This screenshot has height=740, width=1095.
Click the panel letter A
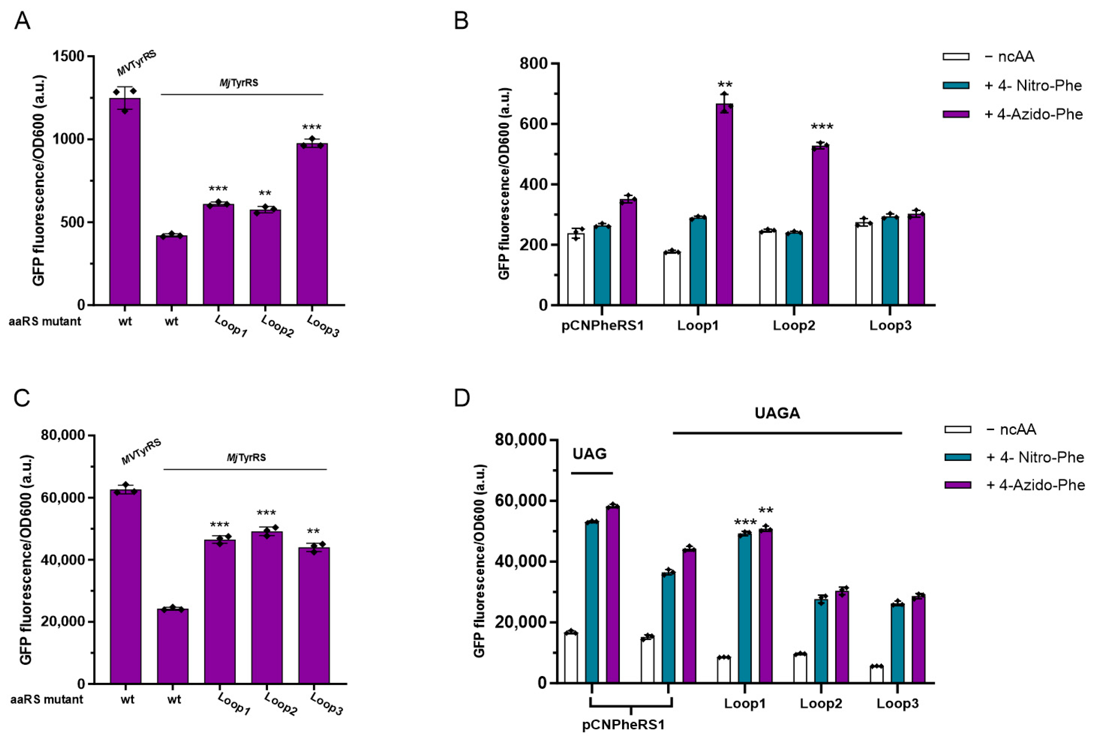coord(22,21)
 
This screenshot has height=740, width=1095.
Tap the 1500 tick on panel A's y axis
coord(71,57)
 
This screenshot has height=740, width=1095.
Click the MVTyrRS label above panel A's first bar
coord(136,63)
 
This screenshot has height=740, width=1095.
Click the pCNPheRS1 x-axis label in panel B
coord(602,325)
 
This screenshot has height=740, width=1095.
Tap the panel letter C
coord(22,398)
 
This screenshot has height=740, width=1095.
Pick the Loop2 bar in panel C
coord(267,608)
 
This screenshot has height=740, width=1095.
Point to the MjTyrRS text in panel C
coord(246,457)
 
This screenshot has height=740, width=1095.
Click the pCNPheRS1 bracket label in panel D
coord(623,725)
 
